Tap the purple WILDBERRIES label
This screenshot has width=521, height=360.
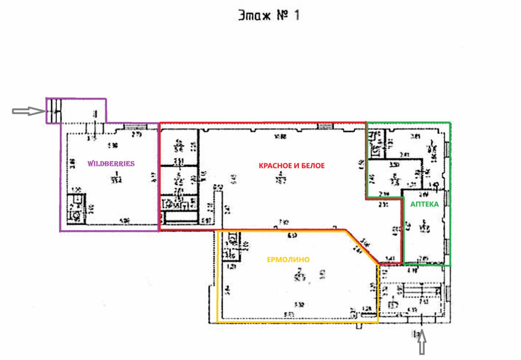click(111, 164)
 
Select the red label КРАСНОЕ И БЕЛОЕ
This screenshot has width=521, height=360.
click(291, 166)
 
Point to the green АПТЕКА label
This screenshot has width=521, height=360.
click(425, 205)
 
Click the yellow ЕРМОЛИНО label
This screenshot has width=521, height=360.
click(288, 260)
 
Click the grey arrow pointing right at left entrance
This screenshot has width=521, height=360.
click(28, 111)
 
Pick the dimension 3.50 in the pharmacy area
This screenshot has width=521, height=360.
click(393, 166)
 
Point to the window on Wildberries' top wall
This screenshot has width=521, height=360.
click(132, 127)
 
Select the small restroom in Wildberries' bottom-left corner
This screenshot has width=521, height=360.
click(75, 208)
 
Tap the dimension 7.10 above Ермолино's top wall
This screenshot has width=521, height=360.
click(284, 223)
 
